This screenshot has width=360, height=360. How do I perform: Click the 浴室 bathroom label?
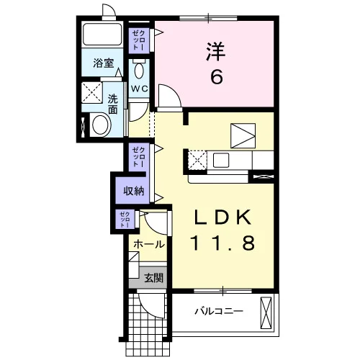(x=104, y=63)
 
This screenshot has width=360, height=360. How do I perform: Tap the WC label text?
(x=139, y=89)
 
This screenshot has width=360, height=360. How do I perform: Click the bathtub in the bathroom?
(x=102, y=34)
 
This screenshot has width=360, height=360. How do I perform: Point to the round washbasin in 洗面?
(x=101, y=125)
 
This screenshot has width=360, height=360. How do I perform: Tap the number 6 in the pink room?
(x=217, y=77)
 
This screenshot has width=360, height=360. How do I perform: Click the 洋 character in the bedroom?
(x=215, y=52)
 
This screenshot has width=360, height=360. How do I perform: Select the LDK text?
(x=223, y=217)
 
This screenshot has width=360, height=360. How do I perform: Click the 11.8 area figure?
(x=222, y=243)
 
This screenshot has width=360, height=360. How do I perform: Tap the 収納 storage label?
(x=134, y=191)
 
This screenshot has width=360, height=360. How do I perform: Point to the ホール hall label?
(x=149, y=244)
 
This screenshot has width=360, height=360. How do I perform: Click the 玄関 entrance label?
(x=153, y=278)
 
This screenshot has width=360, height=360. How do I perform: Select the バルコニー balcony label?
(x=219, y=312)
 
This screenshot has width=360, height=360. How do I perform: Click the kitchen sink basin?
(x=221, y=160)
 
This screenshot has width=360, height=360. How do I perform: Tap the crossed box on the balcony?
(x=266, y=312)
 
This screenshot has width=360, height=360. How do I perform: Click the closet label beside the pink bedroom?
(x=139, y=40)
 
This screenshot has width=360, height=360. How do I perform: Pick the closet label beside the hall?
(x=125, y=220)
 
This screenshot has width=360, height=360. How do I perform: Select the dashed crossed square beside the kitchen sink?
(x=197, y=160)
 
